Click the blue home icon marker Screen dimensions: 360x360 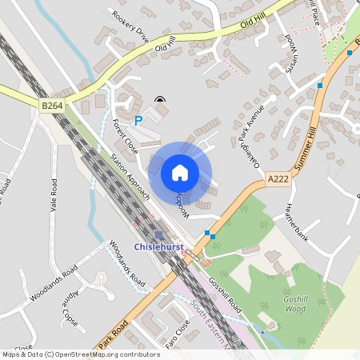click(180, 173)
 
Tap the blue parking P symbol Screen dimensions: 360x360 click(138, 121)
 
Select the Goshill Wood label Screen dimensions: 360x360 click(295, 303)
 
